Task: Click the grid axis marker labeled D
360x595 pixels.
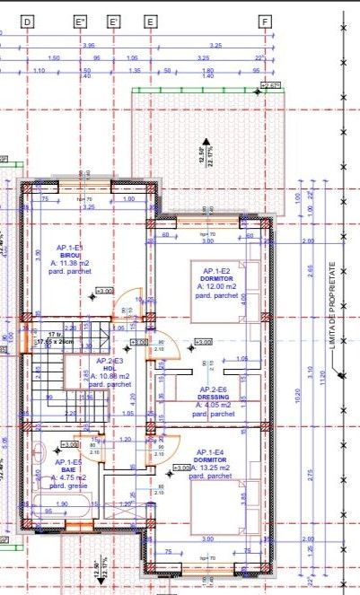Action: click(28, 20)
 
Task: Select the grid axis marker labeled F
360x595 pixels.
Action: click(265, 20)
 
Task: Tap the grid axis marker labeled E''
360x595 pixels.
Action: click(81, 20)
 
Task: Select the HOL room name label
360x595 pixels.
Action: click(110, 368)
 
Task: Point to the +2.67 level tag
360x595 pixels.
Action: click(270, 85)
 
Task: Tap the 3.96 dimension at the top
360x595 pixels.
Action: click(88, 45)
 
